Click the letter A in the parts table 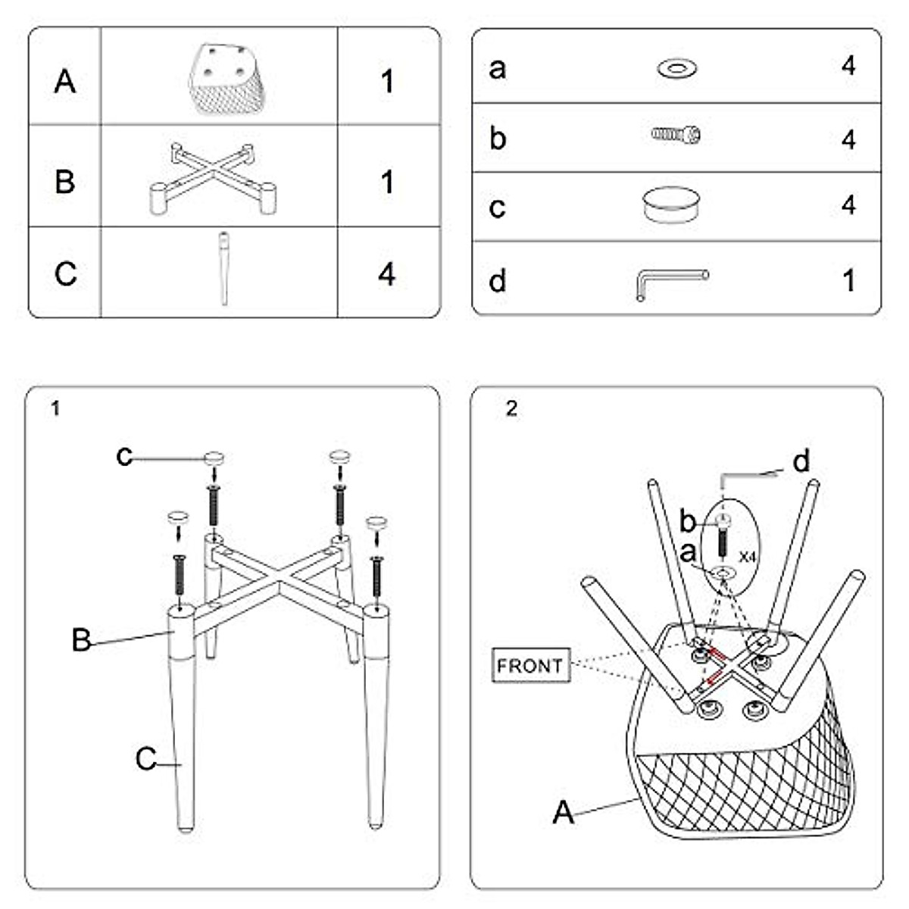65,80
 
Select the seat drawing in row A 226,79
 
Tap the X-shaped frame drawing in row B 212,178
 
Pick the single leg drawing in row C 223,268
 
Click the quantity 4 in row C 387,273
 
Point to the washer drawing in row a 677,68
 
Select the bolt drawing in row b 676,136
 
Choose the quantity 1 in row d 849,281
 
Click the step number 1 55,409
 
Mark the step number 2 512,409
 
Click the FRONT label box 530,666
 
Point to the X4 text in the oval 748,557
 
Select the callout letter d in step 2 801,461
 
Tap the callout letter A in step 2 563,813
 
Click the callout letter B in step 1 81,640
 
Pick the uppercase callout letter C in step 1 146,758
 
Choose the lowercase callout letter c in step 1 124,456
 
